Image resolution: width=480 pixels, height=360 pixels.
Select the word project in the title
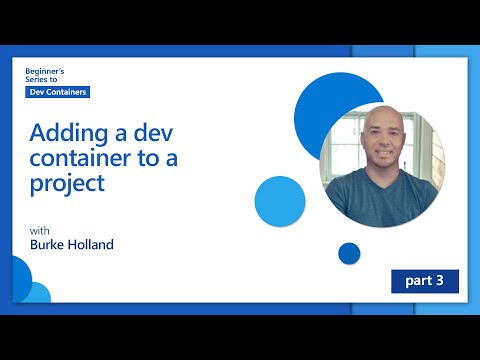coord(67,185)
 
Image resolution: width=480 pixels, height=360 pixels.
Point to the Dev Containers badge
coord(58,92)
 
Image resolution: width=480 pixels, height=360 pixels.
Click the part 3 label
coord(424,281)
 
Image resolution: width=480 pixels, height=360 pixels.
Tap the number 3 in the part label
coord(439,281)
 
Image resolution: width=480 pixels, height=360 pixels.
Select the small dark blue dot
coord(349,253)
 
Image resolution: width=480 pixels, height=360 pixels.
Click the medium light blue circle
coord(279,199)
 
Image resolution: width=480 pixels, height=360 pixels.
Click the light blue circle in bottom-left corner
coord(35,292)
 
